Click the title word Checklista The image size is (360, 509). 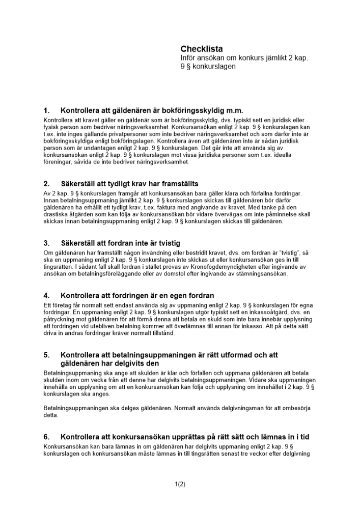click(x=201, y=49)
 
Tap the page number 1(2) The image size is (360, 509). click(x=180, y=484)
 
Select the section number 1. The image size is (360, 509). click(x=46, y=110)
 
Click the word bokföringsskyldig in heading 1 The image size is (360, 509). click(x=182, y=110)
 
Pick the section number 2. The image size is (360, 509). click(x=46, y=183)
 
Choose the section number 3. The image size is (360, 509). click(x=46, y=243)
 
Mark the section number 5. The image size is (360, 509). click(x=46, y=355)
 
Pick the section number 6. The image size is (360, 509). click(x=46, y=437)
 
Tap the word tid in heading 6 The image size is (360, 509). click(x=303, y=437)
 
